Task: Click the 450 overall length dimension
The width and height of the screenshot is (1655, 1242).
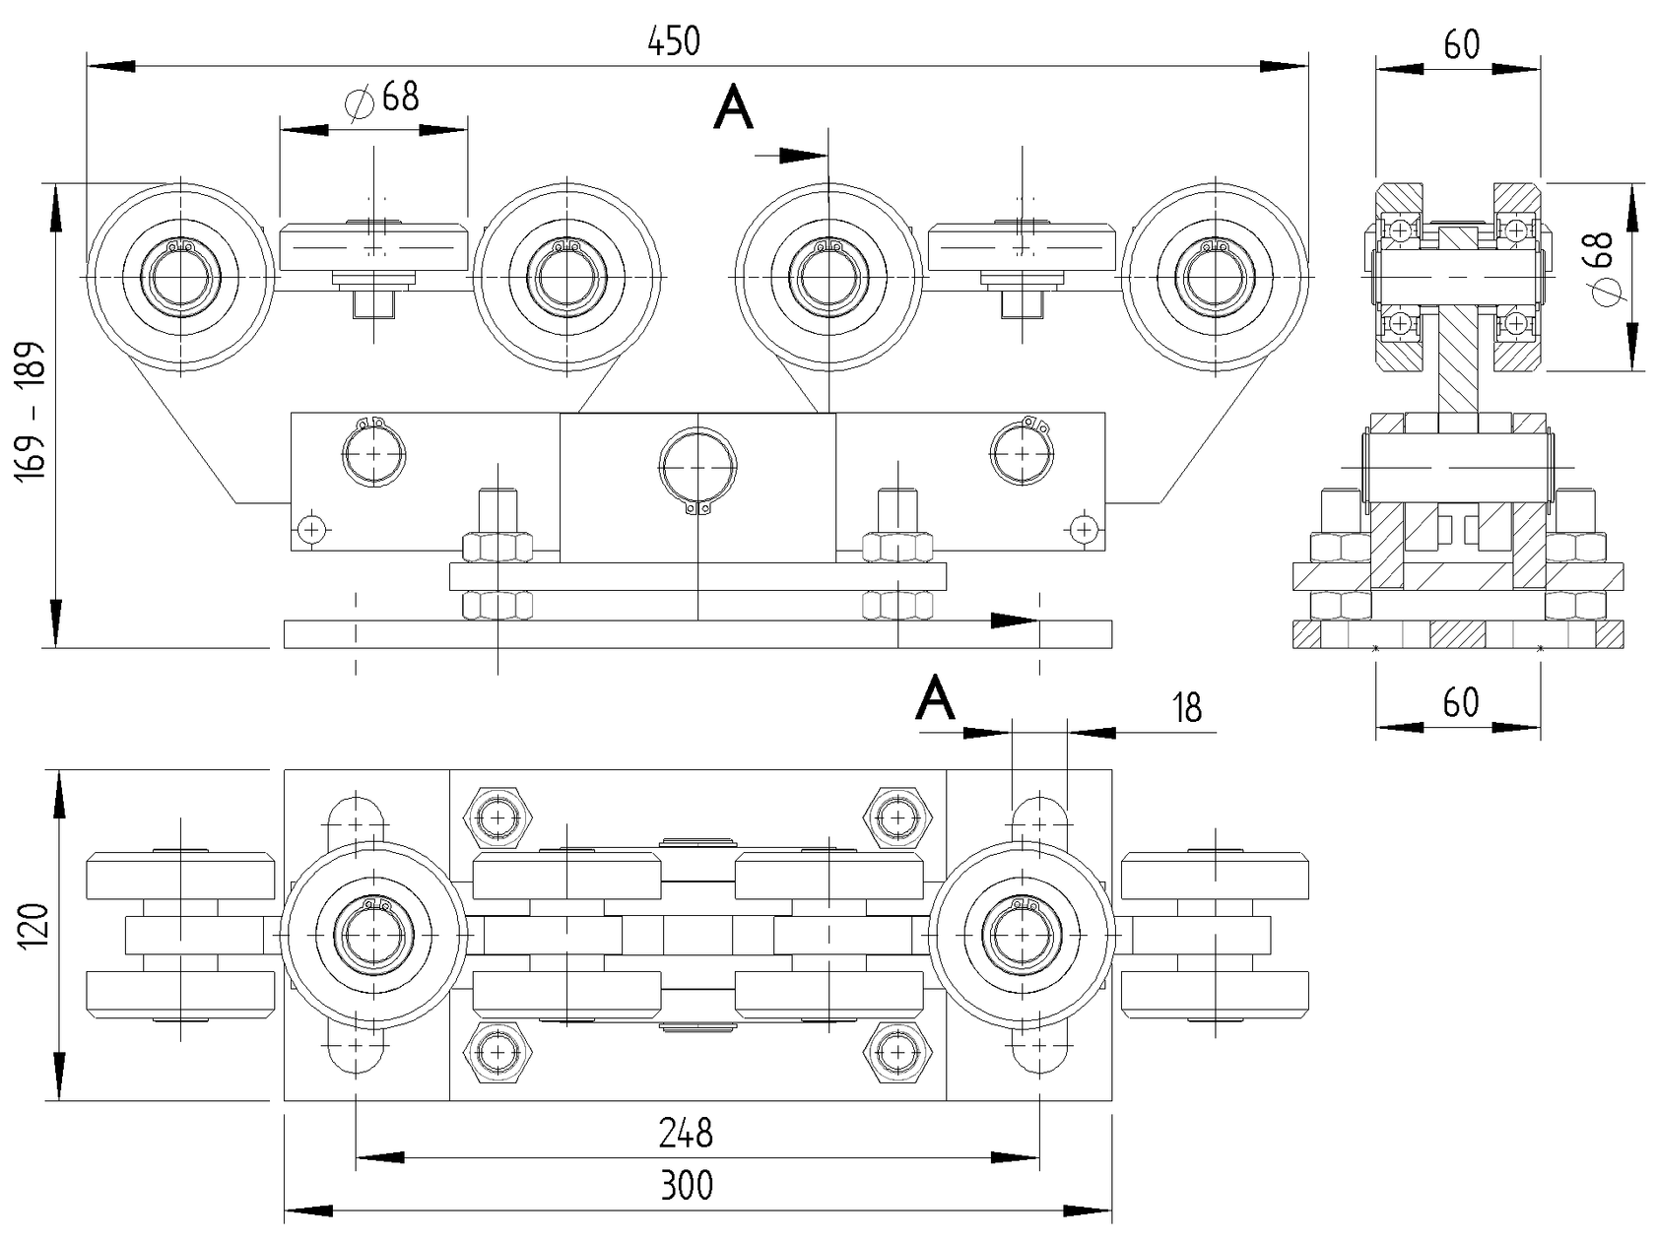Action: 674,41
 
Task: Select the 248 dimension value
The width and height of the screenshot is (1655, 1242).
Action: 686,1133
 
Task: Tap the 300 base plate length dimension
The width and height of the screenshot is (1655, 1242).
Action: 686,1185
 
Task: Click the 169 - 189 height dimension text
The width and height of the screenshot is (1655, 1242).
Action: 33,411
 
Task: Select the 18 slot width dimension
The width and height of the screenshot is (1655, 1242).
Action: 1187,707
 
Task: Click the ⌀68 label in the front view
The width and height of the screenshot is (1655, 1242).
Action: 383,98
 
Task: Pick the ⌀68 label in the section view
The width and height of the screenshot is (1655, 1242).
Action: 1603,267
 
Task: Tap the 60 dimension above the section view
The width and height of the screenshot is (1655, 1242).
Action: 1461,45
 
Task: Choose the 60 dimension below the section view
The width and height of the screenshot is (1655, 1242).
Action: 1461,703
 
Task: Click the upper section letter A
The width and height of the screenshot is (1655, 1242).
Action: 733,108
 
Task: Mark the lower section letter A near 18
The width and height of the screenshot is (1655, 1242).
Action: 935,698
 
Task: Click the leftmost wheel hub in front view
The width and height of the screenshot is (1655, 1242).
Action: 180,278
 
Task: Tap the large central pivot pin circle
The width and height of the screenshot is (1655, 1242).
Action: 697,465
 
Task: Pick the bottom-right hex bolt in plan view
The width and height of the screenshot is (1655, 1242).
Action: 897,1052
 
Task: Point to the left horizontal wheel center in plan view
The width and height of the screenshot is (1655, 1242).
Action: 373,934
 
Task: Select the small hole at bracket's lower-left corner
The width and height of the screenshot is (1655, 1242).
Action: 312,530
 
